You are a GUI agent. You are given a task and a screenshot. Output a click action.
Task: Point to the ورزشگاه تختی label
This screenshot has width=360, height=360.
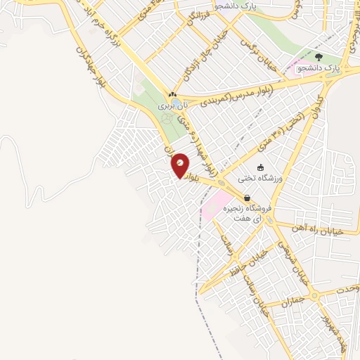coord(261,179)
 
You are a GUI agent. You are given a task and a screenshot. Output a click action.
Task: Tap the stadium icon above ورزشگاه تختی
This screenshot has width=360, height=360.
coord(261,168)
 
